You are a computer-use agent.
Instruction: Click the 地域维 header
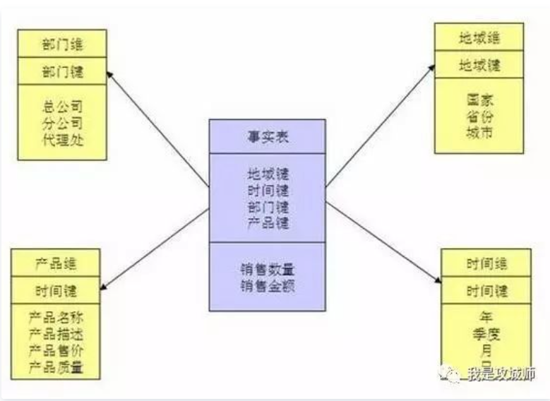pyautogui.click(x=479, y=37)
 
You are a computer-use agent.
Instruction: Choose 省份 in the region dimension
pyautogui.click(x=479, y=116)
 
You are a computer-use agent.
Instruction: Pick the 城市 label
pyautogui.click(x=479, y=131)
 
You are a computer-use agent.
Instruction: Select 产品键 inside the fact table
pyautogui.click(x=268, y=223)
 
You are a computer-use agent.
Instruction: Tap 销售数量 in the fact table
pyautogui.click(x=268, y=269)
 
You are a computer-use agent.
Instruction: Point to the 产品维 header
pyautogui.click(x=56, y=264)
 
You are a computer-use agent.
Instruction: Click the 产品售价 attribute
pyautogui.click(x=56, y=350)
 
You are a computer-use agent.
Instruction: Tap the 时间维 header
pyautogui.click(x=486, y=263)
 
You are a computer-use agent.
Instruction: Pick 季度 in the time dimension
pyautogui.click(x=486, y=334)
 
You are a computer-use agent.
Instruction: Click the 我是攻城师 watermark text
pyautogui.click(x=501, y=374)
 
